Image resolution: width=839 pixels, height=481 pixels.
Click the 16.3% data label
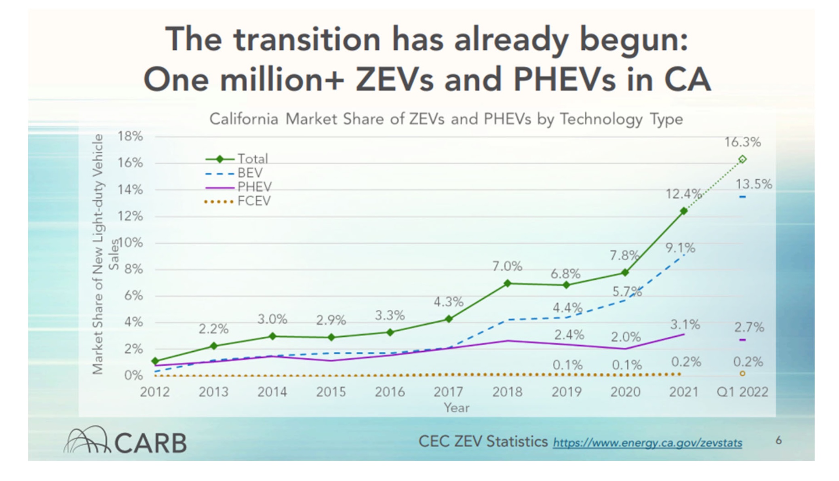pyautogui.click(x=742, y=142)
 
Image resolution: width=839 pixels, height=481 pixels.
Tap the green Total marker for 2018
pyautogui.click(x=508, y=283)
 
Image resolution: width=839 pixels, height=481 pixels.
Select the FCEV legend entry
pyautogui.click(x=253, y=201)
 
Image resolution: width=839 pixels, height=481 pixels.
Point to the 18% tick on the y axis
pyautogui.click(x=130, y=136)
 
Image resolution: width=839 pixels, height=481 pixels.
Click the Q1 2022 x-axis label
pyautogui.click(x=742, y=392)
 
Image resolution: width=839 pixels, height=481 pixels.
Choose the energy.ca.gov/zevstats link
pyautogui.click(x=647, y=443)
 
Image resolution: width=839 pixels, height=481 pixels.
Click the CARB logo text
pyautogui.click(x=150, y=443)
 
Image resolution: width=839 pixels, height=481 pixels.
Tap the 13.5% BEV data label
pyautogui.click(x=753, y=184)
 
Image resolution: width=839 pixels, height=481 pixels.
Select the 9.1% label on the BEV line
pyautogui.click(x=680, y=248)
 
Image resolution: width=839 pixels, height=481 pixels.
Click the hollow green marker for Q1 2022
pyautogui.click(x=742, y=159)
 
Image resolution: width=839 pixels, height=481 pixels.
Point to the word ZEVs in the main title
pyautogui.click(x=394, y=79)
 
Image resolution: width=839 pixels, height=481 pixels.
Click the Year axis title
pyautogui.click(x=456, y=407)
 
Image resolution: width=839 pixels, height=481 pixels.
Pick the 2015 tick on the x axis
pyautogui.click(x=331, y=392)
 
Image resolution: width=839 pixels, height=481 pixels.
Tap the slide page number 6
pyautogui.click(x=778, y=440)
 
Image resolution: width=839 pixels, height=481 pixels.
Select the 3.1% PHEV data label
pyautogui.click(x=685, y=324)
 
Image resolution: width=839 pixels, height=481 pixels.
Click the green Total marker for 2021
pyautogui.click(x=684, y=211)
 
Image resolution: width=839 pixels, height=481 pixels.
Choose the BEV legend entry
pyautogui.click(x=249, y=173)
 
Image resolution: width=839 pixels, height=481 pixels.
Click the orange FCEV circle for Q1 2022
pyautogui.click(x=742, y=373)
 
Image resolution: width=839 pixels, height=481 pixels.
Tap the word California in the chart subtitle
pyautogui.click(x=244, y=119)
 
